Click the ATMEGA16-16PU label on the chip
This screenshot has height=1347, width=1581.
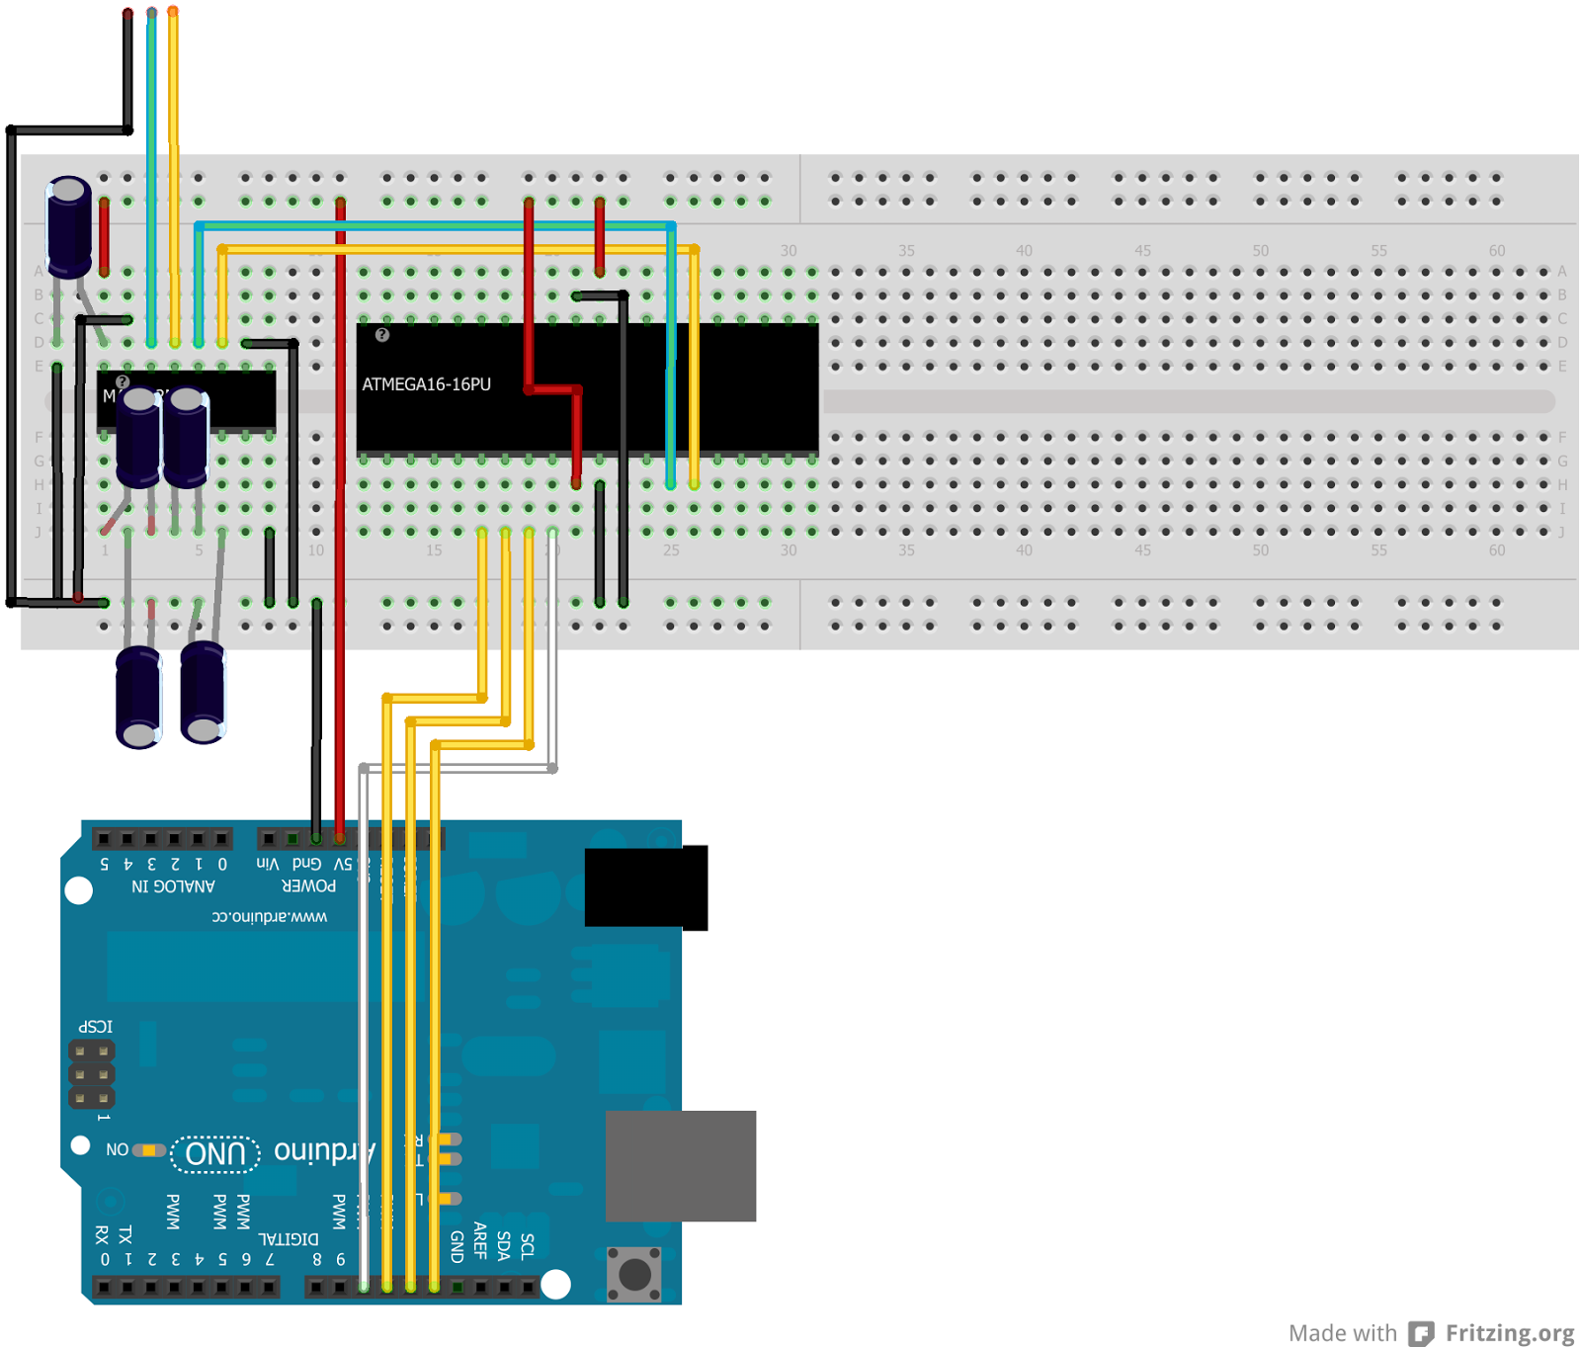point(426,384)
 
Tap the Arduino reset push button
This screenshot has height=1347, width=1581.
point(634,1273)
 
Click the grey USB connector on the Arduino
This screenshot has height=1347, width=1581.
point(680,1165)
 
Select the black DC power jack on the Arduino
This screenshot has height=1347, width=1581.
point(645,886)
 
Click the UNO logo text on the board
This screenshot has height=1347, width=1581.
point(215,1153)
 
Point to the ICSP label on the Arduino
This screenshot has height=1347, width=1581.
point(96,1027)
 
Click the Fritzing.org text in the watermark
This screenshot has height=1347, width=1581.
point(1509,1332)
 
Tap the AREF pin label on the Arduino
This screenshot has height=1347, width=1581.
point(480,1240)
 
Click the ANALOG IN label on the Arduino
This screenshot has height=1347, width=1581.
point(173,886)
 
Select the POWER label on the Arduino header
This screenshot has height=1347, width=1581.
point(308,886)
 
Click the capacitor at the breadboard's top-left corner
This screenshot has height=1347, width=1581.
point(69,226)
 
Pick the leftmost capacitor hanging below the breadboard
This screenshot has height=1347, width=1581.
point(138,697)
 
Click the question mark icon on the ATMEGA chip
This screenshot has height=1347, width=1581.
point(382,335)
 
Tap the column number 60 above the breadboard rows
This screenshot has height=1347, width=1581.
point(1497,251)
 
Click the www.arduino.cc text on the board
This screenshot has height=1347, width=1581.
point(269,917)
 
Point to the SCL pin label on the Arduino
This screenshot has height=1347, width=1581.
point(528,1245)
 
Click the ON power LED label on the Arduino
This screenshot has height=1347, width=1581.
point(117,1149)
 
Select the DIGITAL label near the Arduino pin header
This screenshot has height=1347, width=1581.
point(289,1239)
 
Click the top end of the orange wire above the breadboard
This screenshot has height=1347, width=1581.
point(173,12)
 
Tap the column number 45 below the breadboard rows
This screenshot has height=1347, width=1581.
point(1142,550)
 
